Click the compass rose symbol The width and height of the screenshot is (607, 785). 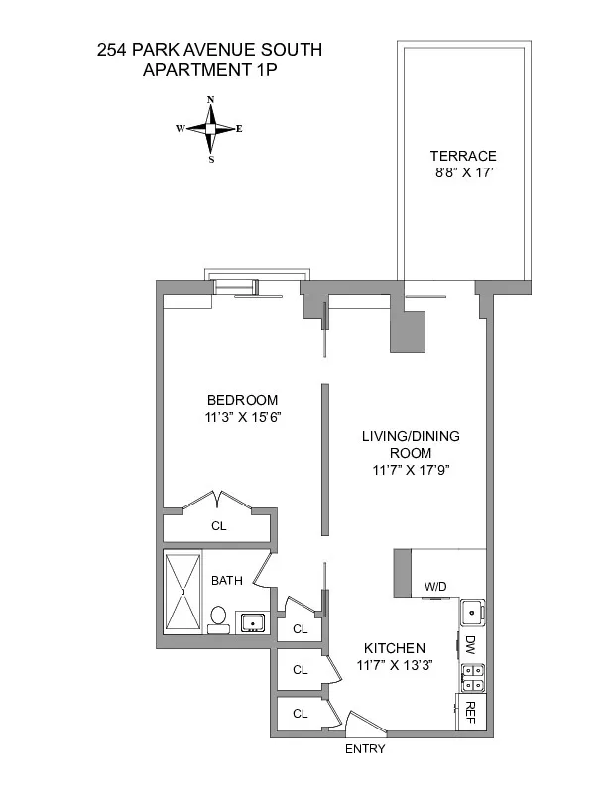pos(210,129)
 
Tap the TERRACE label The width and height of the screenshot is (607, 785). pos(463,156)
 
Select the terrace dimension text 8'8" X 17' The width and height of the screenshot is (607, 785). pos(463,173)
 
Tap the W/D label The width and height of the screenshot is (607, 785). pos(436,587)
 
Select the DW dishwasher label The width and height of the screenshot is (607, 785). pos(470,645)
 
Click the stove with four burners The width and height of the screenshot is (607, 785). pos(472,677)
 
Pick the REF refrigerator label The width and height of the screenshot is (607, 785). pos(471,711)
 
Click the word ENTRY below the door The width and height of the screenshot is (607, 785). pos(365,749)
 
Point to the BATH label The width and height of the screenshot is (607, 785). pos(225,581)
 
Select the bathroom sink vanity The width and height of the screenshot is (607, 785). pos(252,622)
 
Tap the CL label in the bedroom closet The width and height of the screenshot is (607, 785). pos(219,526)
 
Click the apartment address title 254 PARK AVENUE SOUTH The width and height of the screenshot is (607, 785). pos(209,49)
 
